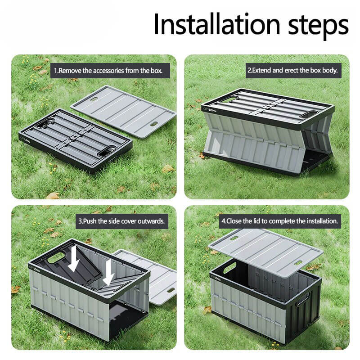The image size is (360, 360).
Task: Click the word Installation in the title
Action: (217, 24)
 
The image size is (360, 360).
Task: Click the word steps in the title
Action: (319, 26)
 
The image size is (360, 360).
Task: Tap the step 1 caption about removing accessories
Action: (108, 71)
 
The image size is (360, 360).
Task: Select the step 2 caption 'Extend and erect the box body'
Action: (292, 70)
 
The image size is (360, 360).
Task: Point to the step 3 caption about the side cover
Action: (121, 221)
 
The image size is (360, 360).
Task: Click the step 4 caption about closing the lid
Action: (280, 221)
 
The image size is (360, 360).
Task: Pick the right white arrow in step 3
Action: (108, 272)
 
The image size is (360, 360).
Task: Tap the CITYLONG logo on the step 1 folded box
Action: (26, 139)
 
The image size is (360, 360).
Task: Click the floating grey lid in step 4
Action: (265, 252)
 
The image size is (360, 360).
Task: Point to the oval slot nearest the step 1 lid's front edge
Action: (153, 124)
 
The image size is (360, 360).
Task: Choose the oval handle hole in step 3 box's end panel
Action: (55, 257)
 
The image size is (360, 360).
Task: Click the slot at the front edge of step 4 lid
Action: (298, 263)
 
